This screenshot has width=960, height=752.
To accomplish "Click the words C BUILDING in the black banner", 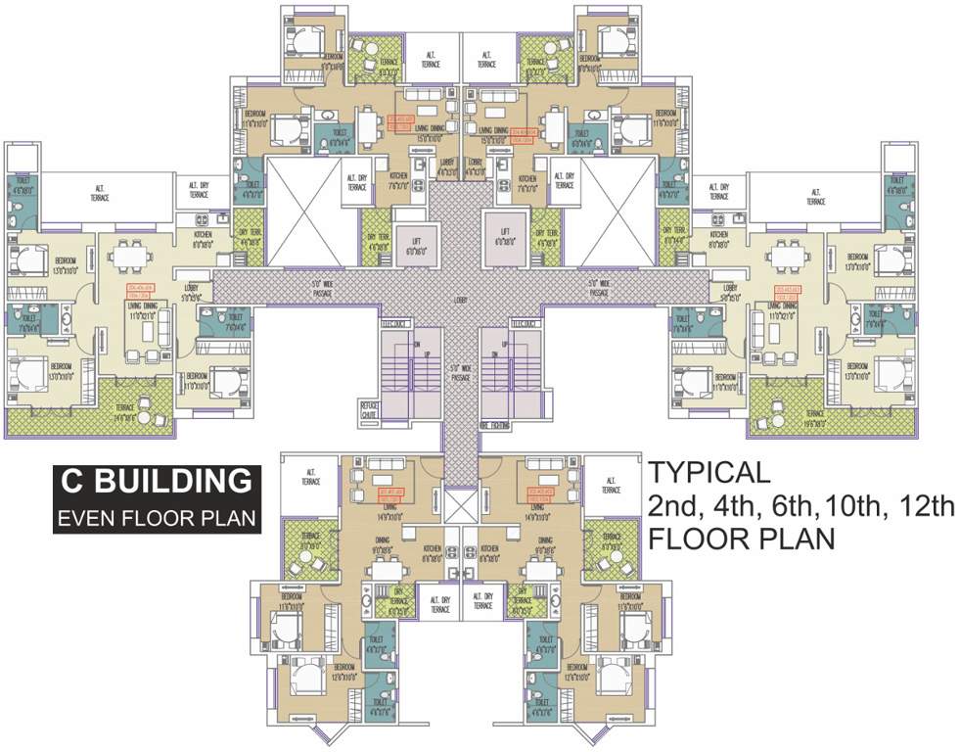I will point(156,482).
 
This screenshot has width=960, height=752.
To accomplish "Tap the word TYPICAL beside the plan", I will point(709,472).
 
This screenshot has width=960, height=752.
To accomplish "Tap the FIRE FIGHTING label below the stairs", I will point(498,425).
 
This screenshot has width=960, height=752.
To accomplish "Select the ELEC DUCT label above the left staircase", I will point(394,322).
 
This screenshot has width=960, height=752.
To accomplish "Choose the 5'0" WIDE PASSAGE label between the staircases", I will point(457,372).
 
